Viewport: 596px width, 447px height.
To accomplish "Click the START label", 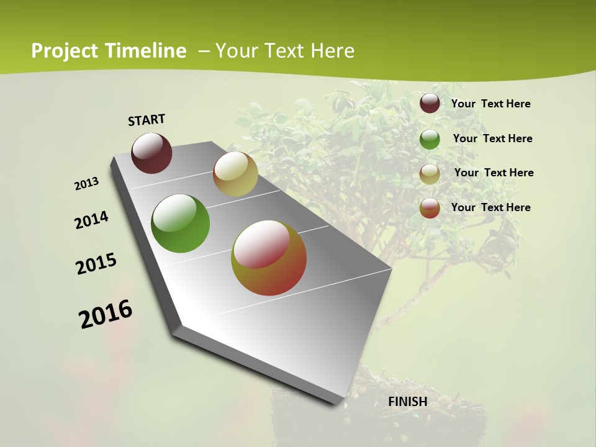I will (x=147, y=120).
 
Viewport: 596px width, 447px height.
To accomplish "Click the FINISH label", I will (x=408, y=402).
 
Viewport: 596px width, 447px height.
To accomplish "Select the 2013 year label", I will (x=87, y=183).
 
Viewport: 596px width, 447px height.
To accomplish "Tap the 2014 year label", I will (x=91, y=220).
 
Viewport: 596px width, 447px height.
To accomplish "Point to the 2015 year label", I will (x=96, y=264).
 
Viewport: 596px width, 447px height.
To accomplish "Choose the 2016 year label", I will (x=106, y=314).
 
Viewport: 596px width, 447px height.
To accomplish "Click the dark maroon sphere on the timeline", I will (x=151, y=153).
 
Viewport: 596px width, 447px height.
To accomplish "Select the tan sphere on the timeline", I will (x=235, y=174).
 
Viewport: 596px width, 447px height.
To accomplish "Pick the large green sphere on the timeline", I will (x=181, y=223).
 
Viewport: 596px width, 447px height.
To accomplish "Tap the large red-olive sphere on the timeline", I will (x=269, y=258).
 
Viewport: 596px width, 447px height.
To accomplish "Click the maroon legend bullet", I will (x=430, y=103).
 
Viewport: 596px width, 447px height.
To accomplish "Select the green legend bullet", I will (x=430, y=139).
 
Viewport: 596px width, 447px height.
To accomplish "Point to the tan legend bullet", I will (x=430, y=174).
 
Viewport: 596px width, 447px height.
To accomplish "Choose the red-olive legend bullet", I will (x=430, y=208).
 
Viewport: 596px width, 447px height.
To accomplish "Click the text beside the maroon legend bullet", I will (x=490, y=104).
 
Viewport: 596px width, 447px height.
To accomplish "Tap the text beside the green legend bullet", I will (x=492, y=138).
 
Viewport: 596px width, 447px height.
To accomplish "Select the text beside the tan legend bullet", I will (x=494, y=173).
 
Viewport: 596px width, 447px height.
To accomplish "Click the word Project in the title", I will (x=65, y=51).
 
